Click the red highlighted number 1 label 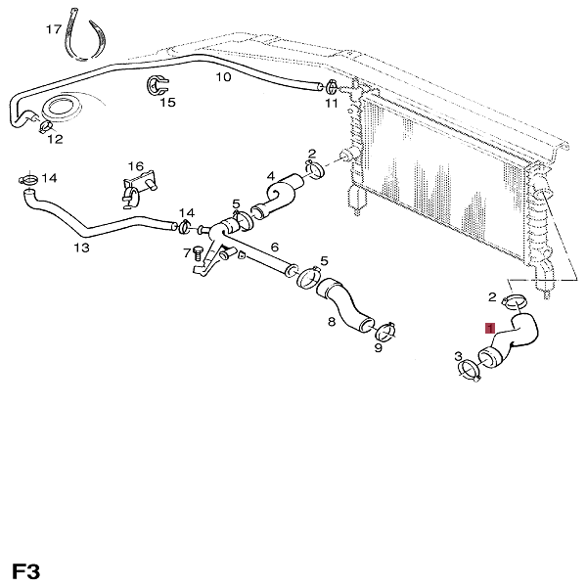490,330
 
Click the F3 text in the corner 26,569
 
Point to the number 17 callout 53,30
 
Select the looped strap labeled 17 85,37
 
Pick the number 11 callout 331,103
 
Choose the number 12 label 55,139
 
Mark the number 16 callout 135,166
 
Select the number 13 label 81,248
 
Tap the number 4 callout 271,176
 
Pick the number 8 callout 331,321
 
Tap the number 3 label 458,357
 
